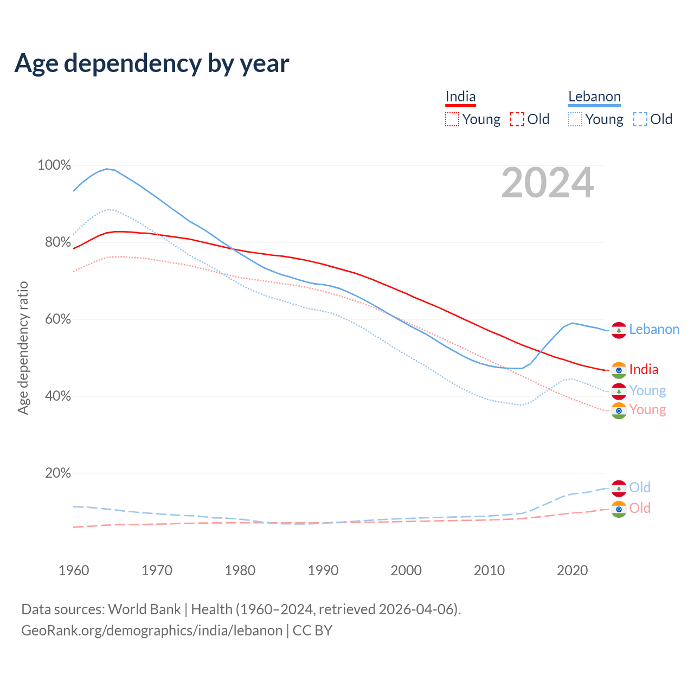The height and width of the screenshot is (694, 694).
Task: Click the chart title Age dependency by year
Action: [152, 63]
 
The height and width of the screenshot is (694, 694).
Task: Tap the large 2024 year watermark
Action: [547, 183]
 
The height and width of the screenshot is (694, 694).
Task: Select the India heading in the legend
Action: [460, 97]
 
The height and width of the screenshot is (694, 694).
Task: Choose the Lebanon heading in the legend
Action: [594, 97]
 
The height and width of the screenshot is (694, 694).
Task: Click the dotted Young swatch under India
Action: [452, 119]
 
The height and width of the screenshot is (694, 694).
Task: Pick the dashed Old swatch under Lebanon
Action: [640, 119]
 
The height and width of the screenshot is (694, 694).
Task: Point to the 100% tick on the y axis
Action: [54, 165]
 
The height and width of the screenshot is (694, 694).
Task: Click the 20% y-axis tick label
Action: [57, 473]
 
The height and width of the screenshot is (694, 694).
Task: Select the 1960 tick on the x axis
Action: [74, 570]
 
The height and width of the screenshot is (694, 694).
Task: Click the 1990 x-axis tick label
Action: [323, 570]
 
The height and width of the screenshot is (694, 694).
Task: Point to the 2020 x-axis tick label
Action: [573, 570]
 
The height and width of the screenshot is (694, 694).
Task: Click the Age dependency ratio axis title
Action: [23, 348]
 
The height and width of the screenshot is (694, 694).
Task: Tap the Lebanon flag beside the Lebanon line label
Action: [619, 330]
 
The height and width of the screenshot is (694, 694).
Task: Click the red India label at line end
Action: [644, 370]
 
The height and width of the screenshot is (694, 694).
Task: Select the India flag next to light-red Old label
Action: [619, 509]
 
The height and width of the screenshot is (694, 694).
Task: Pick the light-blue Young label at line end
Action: [647, 391]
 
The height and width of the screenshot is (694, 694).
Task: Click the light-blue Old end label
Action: [640, 487]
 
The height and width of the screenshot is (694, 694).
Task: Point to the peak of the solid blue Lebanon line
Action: [107, 169]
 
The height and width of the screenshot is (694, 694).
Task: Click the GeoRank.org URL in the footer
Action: [152, 631]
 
